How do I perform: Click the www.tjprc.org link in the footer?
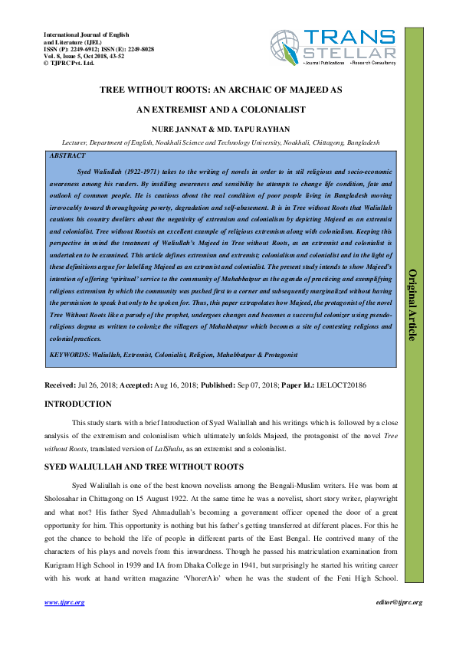click(x=64, y=603)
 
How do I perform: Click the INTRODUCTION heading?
click(x=77, y=404)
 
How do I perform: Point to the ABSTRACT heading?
click(x=67, y=155)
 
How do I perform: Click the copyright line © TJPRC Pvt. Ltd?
click(x=69, y=63)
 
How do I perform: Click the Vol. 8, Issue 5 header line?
click(x=80, y=56)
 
